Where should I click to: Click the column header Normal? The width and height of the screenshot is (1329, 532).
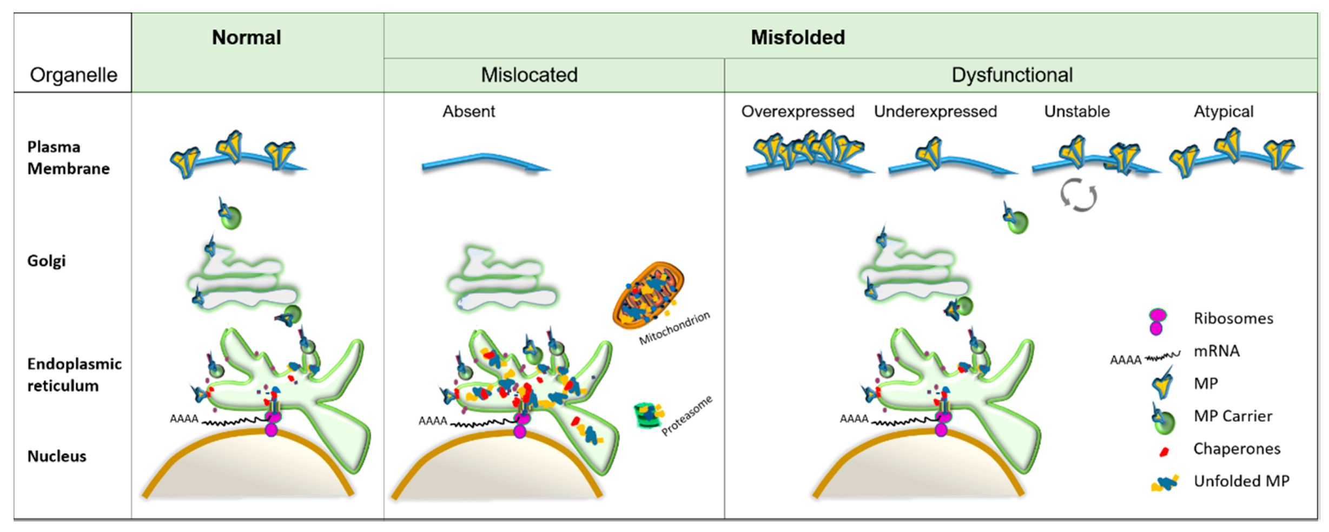point(246,38)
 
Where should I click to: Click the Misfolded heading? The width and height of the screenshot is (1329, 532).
point(797,38)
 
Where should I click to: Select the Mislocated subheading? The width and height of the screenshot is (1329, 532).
point(529,75)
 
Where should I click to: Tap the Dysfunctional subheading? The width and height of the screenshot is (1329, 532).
point(1011,75)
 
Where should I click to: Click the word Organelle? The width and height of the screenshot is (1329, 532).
point(74,75)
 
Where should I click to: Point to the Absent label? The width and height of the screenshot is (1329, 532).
point(468,111)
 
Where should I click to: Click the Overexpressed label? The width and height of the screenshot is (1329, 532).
point(797,111)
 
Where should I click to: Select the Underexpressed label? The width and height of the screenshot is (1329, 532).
point(935,111)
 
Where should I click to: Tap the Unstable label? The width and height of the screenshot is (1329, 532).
point(1076,111)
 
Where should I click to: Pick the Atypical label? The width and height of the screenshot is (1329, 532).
point(1223,111)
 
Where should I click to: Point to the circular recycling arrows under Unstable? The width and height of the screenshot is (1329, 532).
point(1078,195)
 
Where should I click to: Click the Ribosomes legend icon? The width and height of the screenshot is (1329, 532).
point(1156,321)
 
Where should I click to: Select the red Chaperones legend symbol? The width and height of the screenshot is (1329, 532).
point(1164,451)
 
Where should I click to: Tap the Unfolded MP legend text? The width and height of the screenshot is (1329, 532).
point(1241,481)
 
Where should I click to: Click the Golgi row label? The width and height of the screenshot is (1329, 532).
point(47,261)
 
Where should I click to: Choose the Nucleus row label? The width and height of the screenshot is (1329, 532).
point(57,456)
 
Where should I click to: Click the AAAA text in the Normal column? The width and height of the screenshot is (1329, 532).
point(184,419)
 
